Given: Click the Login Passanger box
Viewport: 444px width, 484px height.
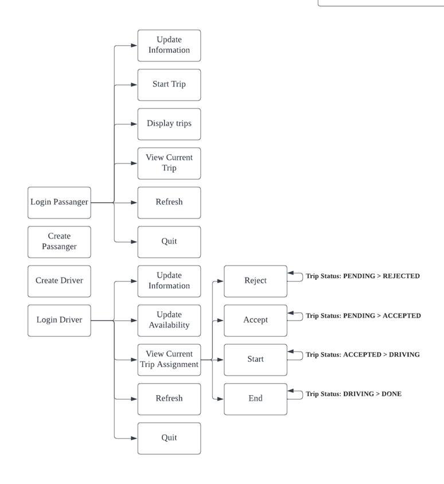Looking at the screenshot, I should pyautogui.click(x=59, y=202).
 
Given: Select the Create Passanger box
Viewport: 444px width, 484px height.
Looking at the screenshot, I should pyautogui.click(x=59, y=241).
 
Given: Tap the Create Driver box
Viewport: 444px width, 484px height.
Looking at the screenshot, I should pyautogui.click(x=59, y=281).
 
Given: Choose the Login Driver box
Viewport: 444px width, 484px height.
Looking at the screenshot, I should pyautogui.click(x=59, y=320).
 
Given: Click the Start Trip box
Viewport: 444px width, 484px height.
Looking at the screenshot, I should pyautogui.click(x=169, y=85).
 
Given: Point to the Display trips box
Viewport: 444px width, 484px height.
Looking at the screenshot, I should pyautogui.click(x=169, y=124).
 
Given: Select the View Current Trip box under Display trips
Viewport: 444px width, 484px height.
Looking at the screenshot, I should pyautogui.click(x=169, y=163).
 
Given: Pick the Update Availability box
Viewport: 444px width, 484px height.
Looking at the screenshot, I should pyautogui.click(x=169, y=320).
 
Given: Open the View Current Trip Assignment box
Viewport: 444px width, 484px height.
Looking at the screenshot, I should pyautogui.click(x=169, y=360).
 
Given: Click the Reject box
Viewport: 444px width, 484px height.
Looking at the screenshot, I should pyautogui.click(x=255, y=281).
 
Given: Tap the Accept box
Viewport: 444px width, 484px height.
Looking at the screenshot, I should pyautogui.click(x=255, y=320).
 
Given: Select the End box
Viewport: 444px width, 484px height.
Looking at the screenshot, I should pyautogui.click(x=255, y=399).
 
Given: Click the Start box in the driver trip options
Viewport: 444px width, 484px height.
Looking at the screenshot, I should pyautogui.click(x=255, y=360).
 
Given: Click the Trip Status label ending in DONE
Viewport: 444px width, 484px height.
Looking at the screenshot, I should pyautogui.click(x=353, y=394).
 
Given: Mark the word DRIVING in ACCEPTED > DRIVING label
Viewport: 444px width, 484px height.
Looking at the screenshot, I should pyautogui.click(x=404, y=355).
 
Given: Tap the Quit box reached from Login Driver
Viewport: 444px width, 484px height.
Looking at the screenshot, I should pyautogui.click(x=169, y=438).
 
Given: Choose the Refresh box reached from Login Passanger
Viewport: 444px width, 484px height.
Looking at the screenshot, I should pyautogui.click(x=169, y=202).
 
